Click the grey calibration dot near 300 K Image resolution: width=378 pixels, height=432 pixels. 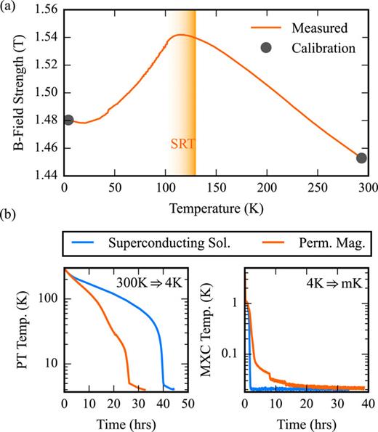tap(361, 158)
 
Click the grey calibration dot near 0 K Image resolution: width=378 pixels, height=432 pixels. tap(68, 120)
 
